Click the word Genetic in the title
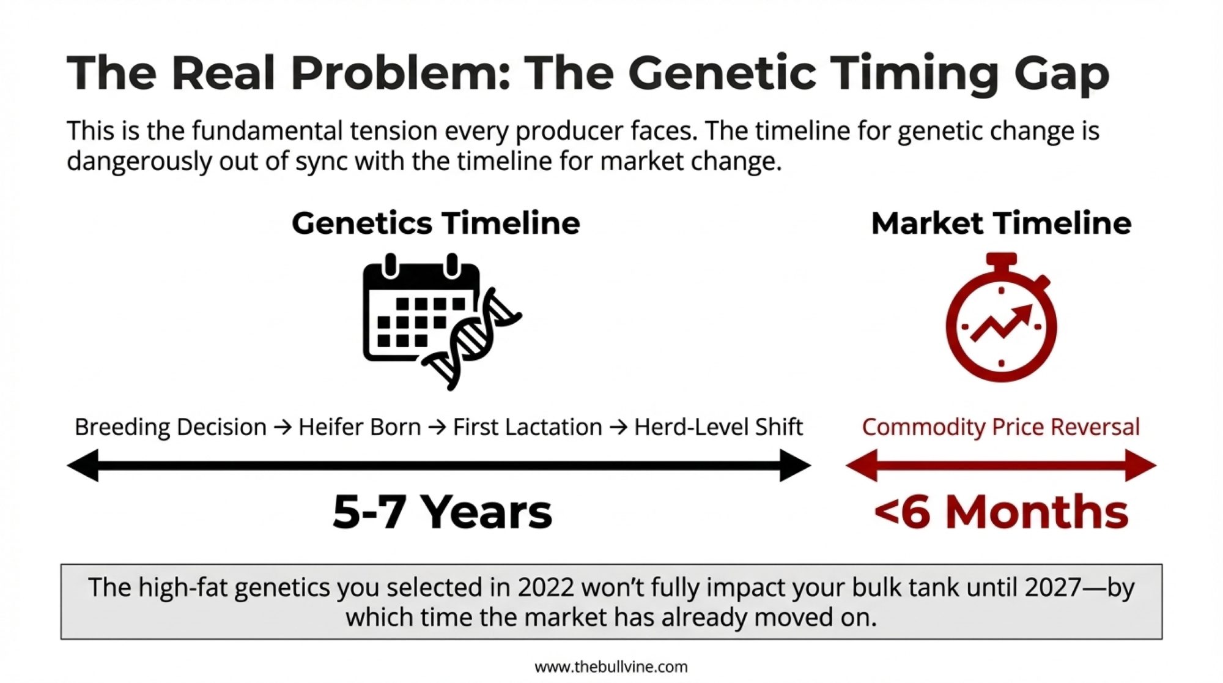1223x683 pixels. [x=722, y=73]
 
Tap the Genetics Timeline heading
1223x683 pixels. [x=436, y=223]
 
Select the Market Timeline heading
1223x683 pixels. [x=1001, y=223]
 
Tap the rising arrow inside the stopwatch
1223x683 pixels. [x=1001, y=323]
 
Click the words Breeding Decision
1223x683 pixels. [x=171, y=427]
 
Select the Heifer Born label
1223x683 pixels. [x=360, y=427]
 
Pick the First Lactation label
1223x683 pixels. [x=527, y=427]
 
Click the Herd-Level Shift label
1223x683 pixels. [x=718, y=427]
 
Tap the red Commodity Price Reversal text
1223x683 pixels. [x=1001, y=427]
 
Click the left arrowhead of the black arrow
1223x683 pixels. [x=83, y=466]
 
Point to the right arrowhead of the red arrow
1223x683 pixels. [x=1140, y=466]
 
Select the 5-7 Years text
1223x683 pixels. [x=442, y=512]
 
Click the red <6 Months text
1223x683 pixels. [x=1001, y=512]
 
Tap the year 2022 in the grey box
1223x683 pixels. [x=545, y=588]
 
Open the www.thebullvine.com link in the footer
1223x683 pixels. [x=611, y=666]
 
